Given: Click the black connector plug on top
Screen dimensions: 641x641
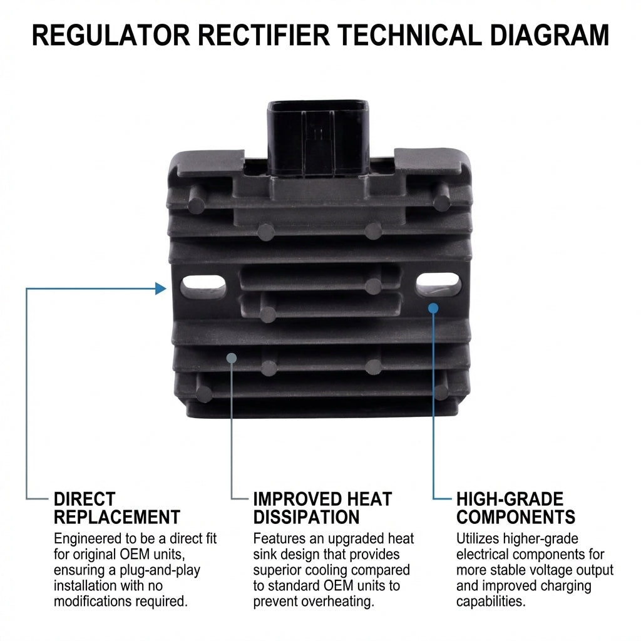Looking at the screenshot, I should pyautogui.click(x=318, y=135).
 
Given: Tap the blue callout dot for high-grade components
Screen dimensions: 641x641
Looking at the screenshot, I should pyautogui.click(x=433, y=307).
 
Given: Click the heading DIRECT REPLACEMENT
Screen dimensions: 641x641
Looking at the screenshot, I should pyautogui.click(x=116, y=508).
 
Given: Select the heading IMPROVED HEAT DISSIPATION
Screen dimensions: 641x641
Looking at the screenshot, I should pyautogui.click(x=322, y=508).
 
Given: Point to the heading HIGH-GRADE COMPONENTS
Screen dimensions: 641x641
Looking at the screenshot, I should pyautogui.click(x=515, y=508).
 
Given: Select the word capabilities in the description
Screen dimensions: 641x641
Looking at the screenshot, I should pyautogui.click(x=491, y=602).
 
